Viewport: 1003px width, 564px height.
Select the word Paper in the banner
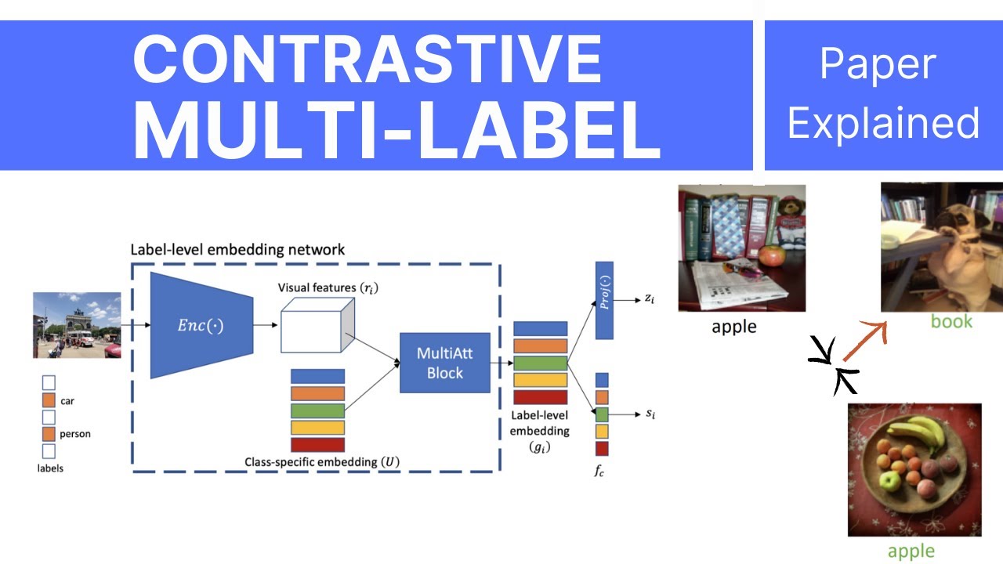(x=878, y=64)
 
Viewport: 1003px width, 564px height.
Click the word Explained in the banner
(x=883, y=124)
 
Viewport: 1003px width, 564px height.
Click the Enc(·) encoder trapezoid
(x=201, y=325)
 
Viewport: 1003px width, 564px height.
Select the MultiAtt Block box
(x=445, y=363)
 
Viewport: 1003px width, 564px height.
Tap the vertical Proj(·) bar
(x=604, y=300)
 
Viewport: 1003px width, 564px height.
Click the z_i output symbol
(x=649, y=299)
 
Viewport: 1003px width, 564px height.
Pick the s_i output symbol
(x=650, y=414)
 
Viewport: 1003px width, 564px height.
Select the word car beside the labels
(x=67, y=400)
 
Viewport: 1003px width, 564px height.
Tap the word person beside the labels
(x=74, y=434)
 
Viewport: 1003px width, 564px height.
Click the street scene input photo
(x=77, y=324)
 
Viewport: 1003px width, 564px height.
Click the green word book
(x=951, y=321)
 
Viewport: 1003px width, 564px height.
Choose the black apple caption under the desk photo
(x=733, y=327)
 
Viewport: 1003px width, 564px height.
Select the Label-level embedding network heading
(x=237, y=250)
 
